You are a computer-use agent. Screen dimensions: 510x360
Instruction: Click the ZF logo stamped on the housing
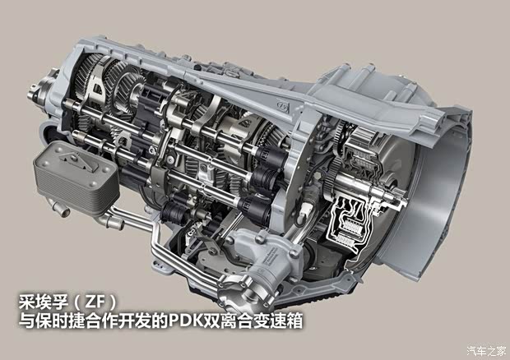tap(283, 105)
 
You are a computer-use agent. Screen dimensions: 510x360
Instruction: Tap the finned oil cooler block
tap(76, 178)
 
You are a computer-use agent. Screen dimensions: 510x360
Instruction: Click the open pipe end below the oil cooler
tap(64, 213)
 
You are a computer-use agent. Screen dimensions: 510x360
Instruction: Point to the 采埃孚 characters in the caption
tap(44, 302)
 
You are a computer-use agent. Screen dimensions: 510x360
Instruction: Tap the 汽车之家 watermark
tap(487, 351)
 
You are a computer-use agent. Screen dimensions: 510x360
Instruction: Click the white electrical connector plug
tap(304, 210)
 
